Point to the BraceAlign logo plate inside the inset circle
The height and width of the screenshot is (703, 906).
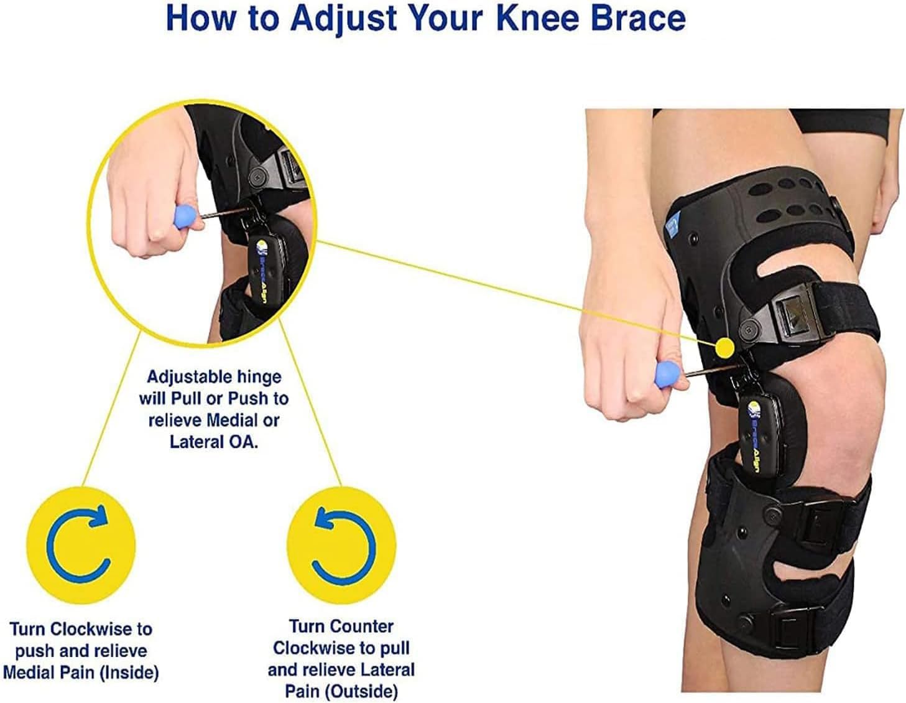coord(267,262)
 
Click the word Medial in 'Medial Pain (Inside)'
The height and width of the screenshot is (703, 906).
coord(31,673)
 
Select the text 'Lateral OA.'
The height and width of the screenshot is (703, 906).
coord(213,442)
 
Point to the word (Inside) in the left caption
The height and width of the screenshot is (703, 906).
coord(129,673)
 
